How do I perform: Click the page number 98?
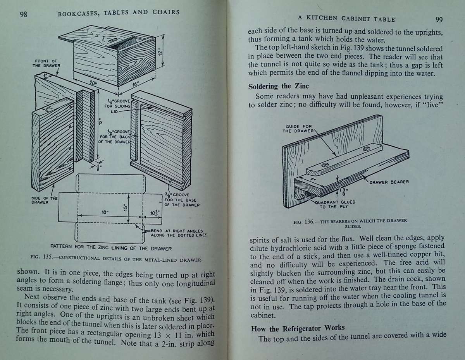click(23, 14)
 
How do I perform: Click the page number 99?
click(439, 20)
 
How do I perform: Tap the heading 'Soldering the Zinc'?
click(278, 86)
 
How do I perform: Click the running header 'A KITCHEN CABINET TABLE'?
click(346, 19)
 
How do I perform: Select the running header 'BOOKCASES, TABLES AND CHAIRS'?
click(118, 12)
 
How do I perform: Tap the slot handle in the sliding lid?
click(114, 40)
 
